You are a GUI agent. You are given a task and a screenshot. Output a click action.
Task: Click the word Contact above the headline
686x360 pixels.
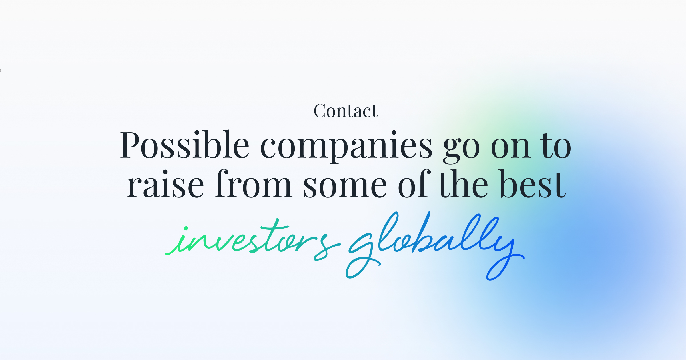coord(346,111)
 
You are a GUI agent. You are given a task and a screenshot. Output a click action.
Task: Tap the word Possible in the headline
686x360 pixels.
coord(184,145)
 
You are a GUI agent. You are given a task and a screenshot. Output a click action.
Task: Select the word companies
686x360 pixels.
coord(346,146)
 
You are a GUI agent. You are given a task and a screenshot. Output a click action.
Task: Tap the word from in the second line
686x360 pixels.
coord(253,184)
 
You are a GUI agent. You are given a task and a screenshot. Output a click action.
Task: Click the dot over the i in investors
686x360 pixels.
coord(186,228)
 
